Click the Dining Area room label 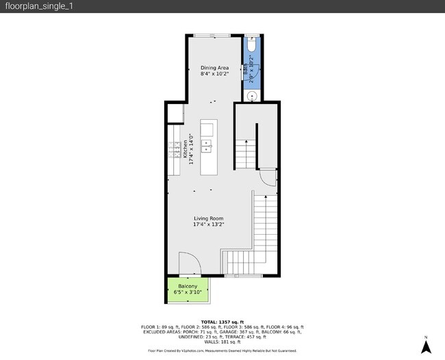(x=214, y=68)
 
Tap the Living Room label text (x=208, y=218)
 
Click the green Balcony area (x=188, y=290)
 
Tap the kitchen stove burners (x=175, y=149)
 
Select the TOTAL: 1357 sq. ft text (x=222, y=321)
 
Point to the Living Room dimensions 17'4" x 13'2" (x=208, y=224)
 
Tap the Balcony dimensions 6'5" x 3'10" (x=188, y=293)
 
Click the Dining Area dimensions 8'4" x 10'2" (x=214, y=74)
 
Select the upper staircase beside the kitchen (x=245, y=153)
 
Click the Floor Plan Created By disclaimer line (x=222, y=350)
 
